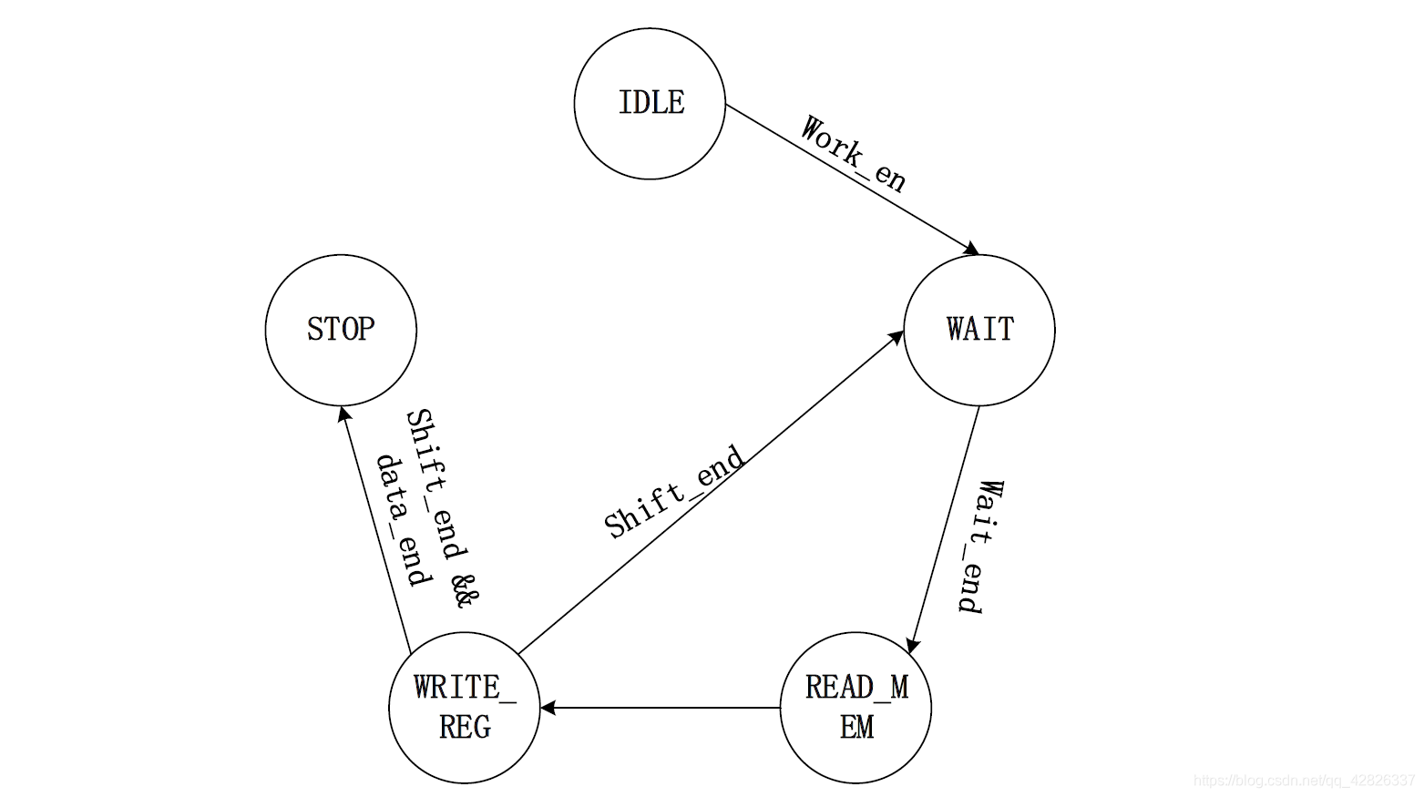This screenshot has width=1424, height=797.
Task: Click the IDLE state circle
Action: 650,103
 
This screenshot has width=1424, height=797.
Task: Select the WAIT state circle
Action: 979,330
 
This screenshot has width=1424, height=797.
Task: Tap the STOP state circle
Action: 341,330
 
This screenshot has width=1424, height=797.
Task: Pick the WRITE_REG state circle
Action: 465,708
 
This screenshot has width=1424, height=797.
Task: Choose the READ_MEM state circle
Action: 856,708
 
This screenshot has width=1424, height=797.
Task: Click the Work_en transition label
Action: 853,155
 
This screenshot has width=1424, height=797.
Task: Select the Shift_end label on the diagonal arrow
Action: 674,492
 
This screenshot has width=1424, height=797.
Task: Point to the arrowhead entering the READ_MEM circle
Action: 913,645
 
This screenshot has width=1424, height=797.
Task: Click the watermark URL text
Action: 1304,781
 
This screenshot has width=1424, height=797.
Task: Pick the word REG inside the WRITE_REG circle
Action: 465,727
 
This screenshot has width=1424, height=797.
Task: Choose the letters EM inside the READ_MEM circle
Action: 856,727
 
